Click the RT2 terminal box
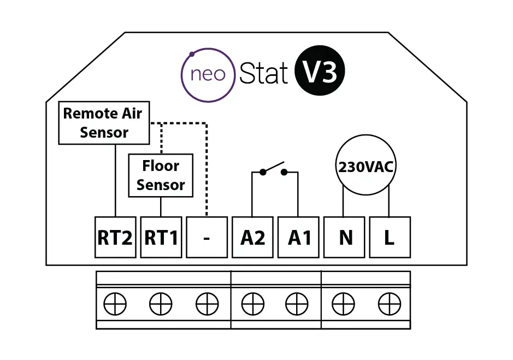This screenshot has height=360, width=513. click(x=115, y=238)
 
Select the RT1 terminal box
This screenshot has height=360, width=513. click(x=161, y=238)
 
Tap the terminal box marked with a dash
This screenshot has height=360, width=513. click(x=207, y=238)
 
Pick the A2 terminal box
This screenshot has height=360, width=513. click(x=252, y=238)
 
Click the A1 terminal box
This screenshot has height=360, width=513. click(x=298, y=238)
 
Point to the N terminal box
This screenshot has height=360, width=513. click(x=344, y=238)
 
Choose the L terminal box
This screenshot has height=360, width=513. click(x=390, y=238)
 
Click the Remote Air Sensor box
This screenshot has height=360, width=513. click(x=103, y=123)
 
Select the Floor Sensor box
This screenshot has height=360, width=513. click(x=161, y=175)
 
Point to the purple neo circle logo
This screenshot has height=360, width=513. click(x=208, y=75)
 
